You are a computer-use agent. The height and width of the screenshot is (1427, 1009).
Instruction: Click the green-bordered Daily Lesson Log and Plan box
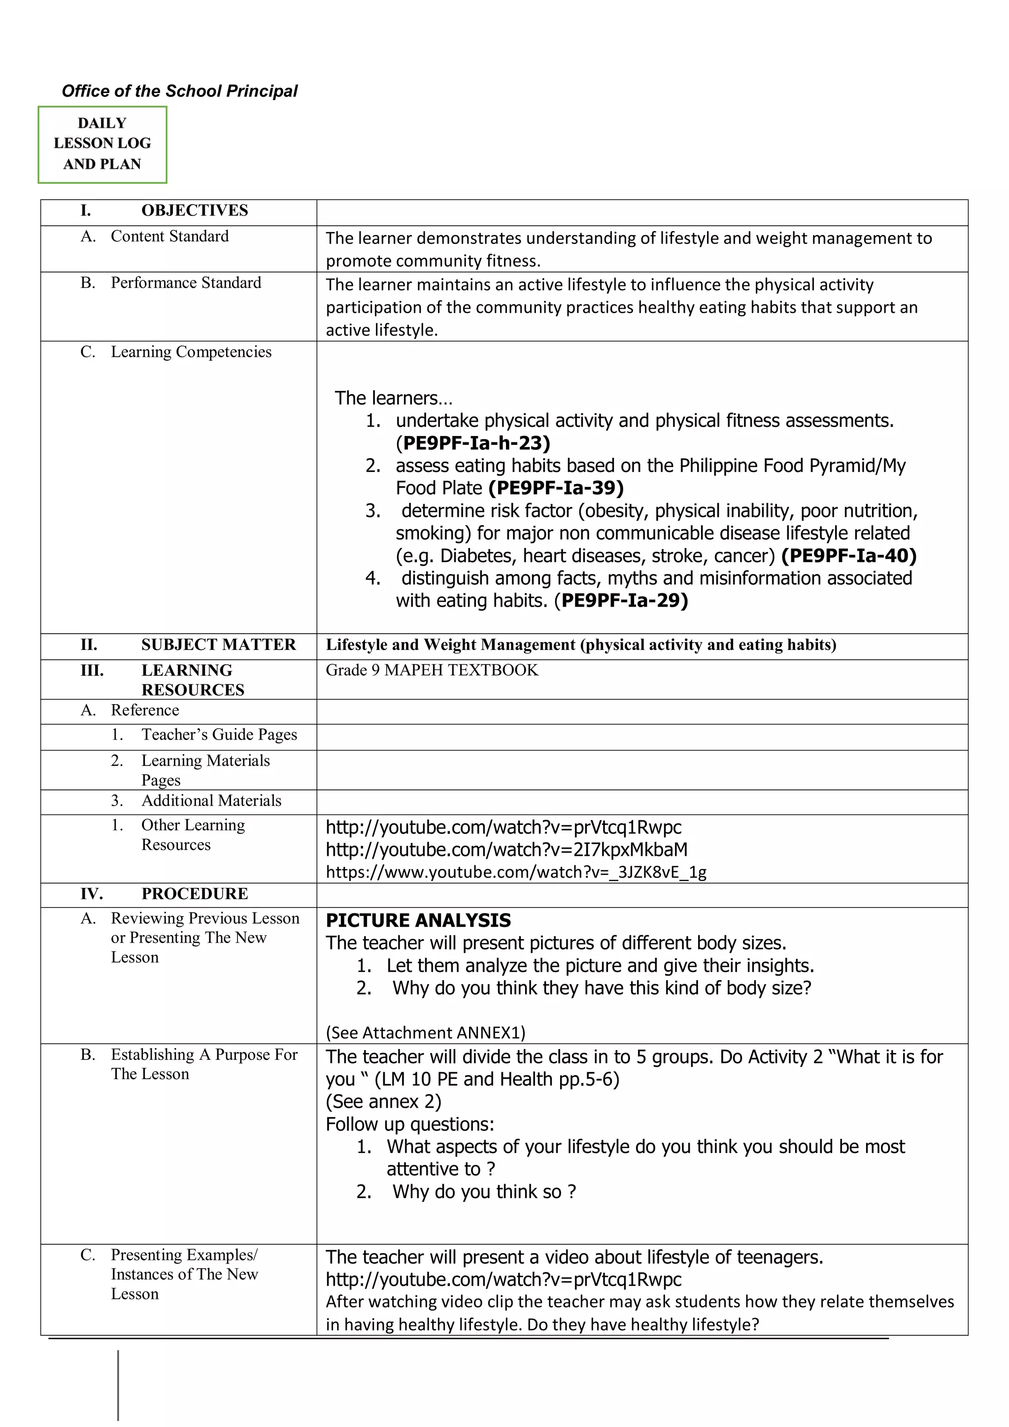click(x=102, y=144)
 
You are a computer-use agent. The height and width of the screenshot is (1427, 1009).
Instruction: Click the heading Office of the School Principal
click(x=179, y=91)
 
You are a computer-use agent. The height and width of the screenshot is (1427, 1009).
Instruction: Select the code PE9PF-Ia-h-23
click(x=473, y=443)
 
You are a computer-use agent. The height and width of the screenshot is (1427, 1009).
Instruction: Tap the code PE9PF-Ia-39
click(x=556, y=488)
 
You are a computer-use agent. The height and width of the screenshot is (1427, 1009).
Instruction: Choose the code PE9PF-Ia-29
click(x=621, y=600)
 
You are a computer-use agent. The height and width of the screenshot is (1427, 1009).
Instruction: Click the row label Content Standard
click(x=169, y=236)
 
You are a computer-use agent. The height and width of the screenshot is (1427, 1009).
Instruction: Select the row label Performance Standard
click(x=185, y=283)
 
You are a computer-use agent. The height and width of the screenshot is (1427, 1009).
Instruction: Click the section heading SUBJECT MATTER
click(x=218, y=645)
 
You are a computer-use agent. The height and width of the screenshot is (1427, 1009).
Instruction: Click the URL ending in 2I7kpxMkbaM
click(x=506, y=849)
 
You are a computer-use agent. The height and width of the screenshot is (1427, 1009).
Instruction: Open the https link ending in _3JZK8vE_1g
click(x=516, y=872)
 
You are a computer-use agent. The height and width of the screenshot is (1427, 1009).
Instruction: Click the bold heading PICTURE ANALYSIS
click(x=418, y=920)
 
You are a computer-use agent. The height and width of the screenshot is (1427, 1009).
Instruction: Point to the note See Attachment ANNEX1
click(x=426, y=1032)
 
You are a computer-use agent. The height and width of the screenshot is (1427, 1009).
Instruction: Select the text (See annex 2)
click(x=383, y=1101)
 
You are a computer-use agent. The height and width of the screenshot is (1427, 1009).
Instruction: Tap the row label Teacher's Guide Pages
click(x=219, y=735)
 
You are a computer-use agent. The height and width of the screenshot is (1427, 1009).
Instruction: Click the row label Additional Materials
click(x=211, y=801)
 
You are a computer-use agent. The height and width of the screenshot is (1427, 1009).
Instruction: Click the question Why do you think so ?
click(x=484, y=1191)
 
